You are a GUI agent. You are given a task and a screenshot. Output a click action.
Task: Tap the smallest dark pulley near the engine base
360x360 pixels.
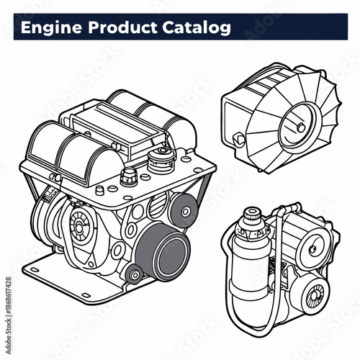coord(132,274)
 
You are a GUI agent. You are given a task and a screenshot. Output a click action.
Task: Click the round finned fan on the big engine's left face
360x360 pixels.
coord(78,225)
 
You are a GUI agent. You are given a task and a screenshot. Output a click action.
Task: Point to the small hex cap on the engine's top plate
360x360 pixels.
coord(130,175)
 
